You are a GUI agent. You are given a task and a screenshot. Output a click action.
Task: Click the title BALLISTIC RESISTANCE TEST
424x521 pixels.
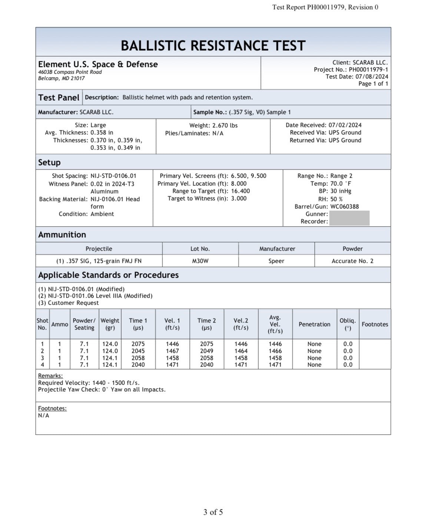point(213,46)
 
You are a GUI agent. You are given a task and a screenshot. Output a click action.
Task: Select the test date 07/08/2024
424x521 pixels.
point(372,77)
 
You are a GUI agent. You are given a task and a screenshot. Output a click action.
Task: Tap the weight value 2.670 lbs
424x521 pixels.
point(225,126)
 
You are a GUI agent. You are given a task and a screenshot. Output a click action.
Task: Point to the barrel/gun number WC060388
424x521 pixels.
point(344,207)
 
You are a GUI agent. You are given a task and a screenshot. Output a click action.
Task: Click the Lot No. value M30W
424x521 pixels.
point(200,261)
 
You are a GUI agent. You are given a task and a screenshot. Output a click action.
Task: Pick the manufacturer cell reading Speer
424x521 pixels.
point(276,261)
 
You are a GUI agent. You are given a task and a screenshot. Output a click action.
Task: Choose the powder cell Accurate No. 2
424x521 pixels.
point(352,261)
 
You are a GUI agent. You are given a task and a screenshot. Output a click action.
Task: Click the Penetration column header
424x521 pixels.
point(314,324)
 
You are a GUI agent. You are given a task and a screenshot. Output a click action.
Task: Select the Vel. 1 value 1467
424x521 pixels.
point(172,351)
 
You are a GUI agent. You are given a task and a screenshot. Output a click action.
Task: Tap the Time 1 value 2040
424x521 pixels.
point(138,365)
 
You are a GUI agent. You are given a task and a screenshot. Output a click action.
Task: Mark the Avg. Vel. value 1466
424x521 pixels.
point(275,351)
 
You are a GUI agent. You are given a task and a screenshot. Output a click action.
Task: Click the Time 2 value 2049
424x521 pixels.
point(206,351)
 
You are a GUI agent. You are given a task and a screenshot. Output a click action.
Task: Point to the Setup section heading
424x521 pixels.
point(49,163)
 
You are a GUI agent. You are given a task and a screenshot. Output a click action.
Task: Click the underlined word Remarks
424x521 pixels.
point(50,376)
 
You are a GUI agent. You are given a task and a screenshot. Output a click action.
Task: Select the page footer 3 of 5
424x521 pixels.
point(213,512)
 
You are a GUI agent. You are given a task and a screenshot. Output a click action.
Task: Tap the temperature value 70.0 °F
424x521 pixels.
point(341,184)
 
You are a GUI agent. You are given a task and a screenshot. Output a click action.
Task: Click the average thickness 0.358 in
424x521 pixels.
point(102,133)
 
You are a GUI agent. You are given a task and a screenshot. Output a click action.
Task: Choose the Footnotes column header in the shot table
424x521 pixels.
point(375,324)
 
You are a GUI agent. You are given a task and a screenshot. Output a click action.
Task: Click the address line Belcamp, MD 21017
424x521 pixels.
point(62,79)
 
